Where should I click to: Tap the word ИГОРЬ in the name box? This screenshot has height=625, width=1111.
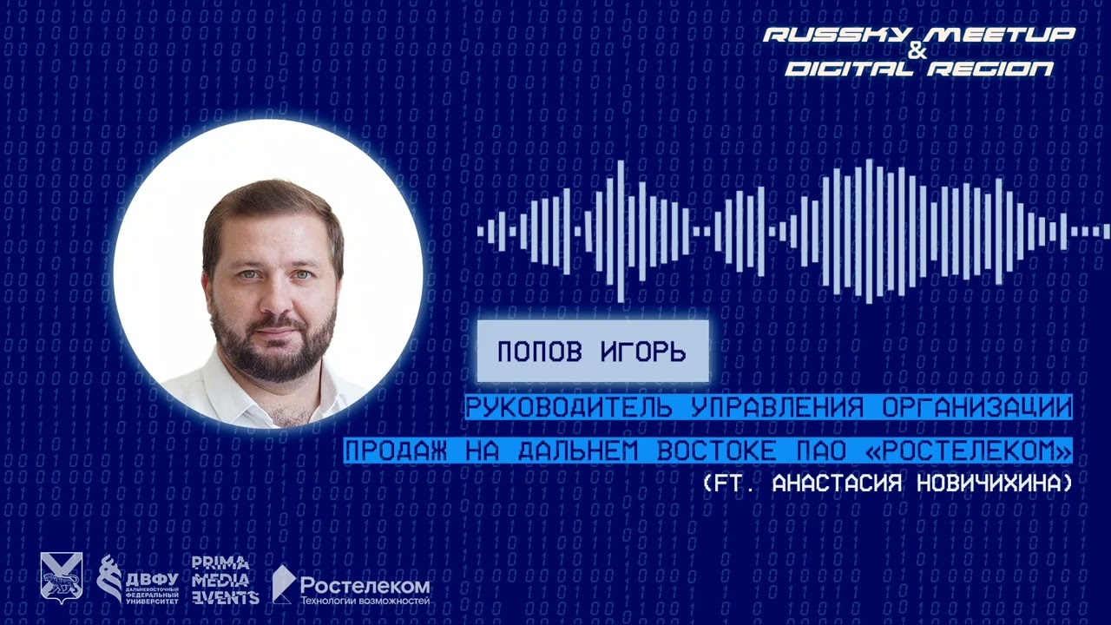pyautogui.click(x=643, y=352)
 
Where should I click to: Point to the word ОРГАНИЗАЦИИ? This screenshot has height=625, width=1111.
pyautogui.click(x=974, y=407)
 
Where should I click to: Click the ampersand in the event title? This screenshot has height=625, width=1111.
pyautogui.click(x=919, y=52)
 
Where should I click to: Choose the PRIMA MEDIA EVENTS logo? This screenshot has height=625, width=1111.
pyautogui.click(x=225, y=579)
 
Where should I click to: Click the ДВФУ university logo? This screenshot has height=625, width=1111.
pyautogui.click(x=138, y=579)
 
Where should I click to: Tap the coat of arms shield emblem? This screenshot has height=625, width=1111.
pyautogui.click(x=62, y=576)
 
